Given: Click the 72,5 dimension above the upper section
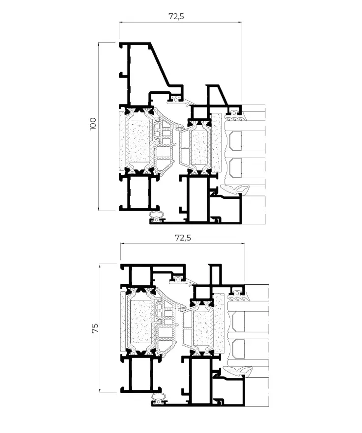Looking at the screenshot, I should [x=176, y=16].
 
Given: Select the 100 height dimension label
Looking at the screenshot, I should [x=93, y=125].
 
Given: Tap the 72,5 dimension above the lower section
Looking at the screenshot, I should [x=182, y=238].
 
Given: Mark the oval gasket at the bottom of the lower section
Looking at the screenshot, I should [x=159, y=397].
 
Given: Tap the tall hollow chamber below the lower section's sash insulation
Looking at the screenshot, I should [x=198, y=379].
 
